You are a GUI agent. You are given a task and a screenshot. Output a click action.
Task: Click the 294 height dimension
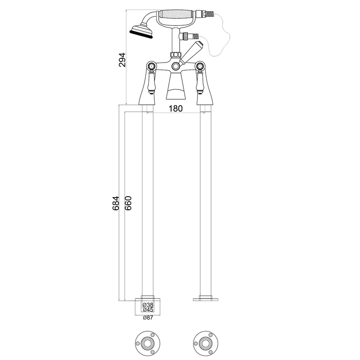(x=122, y=60)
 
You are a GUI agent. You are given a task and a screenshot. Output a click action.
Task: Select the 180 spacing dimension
(x=176, y=108)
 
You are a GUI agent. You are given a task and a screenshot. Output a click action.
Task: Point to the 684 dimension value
(x=116, y=203)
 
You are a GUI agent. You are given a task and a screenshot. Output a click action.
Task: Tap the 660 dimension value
(x=128, y=203)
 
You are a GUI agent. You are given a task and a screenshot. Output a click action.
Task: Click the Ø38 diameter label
(x=148, y=305)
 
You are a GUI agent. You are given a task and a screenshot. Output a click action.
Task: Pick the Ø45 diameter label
(x=148, y=310)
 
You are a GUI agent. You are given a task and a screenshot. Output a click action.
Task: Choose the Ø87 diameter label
(x=148, y=318)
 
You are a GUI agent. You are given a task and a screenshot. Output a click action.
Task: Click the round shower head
(x=142, y=31)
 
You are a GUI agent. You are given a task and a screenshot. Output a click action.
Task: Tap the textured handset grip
(x=178, y=14)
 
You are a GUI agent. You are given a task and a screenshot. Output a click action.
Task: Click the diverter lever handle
(x=191, y=53)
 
